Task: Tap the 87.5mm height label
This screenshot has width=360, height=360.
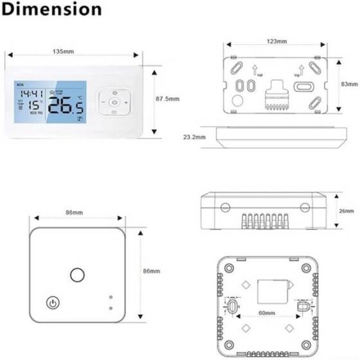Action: [x=168, y=99]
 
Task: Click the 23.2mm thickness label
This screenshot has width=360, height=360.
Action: [x=194, y=137]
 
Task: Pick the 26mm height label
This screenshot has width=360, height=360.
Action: [x=346, y=211]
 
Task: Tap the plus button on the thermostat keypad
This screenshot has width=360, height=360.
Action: [x=127, y=102]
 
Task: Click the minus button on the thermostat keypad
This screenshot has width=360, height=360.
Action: [x=101, y=102]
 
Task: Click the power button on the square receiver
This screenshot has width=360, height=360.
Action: [x=51, y=303]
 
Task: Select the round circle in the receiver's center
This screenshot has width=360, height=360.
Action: [x=77, y=275]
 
